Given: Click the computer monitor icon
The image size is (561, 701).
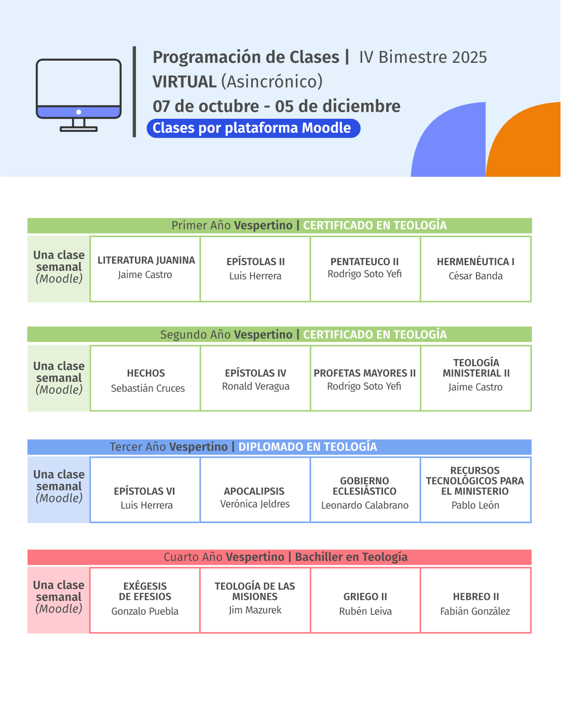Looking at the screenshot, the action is pyautogui.click(x=78, y=94).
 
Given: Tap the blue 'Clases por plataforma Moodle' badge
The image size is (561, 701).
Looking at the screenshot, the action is pyautogui.click(x=253, y=128).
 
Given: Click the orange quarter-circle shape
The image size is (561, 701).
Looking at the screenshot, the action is pyautogui.click(x=523, y=140).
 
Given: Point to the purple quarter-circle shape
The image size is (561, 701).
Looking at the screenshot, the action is pyautogui.click(x=448, y=140).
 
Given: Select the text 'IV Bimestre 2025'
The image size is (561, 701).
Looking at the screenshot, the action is pyautogui.click(x=423, y=57).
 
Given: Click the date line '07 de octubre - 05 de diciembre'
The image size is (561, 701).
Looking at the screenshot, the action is pyautogui.click(x=277, y=106).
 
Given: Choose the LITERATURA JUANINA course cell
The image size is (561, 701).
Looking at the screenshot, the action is pyautogui.click(x=145, y=269).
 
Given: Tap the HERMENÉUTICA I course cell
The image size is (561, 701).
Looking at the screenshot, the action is pyautogui.click(x=476, y=269).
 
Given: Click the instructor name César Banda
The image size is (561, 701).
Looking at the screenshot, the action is pyautogui.click(x=476, y=276).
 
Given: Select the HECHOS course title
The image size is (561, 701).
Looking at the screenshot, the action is pyautogui.click(x=146, y=373).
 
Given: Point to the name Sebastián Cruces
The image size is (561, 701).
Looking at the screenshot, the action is pyautogui.click(x=147, y=388).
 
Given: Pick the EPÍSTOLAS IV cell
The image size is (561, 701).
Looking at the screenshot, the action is pyautogui.click(x=255, y=378).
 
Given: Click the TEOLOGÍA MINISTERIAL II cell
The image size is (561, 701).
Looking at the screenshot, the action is pyautogui.click(x=476, y=378).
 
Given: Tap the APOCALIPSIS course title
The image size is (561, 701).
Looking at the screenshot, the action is pyautogui.click(x=254, y=491).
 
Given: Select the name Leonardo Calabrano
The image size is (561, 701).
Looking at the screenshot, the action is pyautogui.click(x=365, y=505).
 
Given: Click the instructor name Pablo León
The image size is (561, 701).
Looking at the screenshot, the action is pyautogui.click(x=475, y=505).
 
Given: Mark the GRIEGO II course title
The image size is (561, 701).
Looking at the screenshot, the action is pyautogui.click(x=365, y=596).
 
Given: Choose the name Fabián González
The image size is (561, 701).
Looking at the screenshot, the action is pyautogui.click(x=475, y=611).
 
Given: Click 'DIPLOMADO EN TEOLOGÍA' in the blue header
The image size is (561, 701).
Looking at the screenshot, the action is pyautogui.click(x=308, y=447).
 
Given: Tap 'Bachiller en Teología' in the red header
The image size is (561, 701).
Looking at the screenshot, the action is pyautogui.click(x=351, y=557).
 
